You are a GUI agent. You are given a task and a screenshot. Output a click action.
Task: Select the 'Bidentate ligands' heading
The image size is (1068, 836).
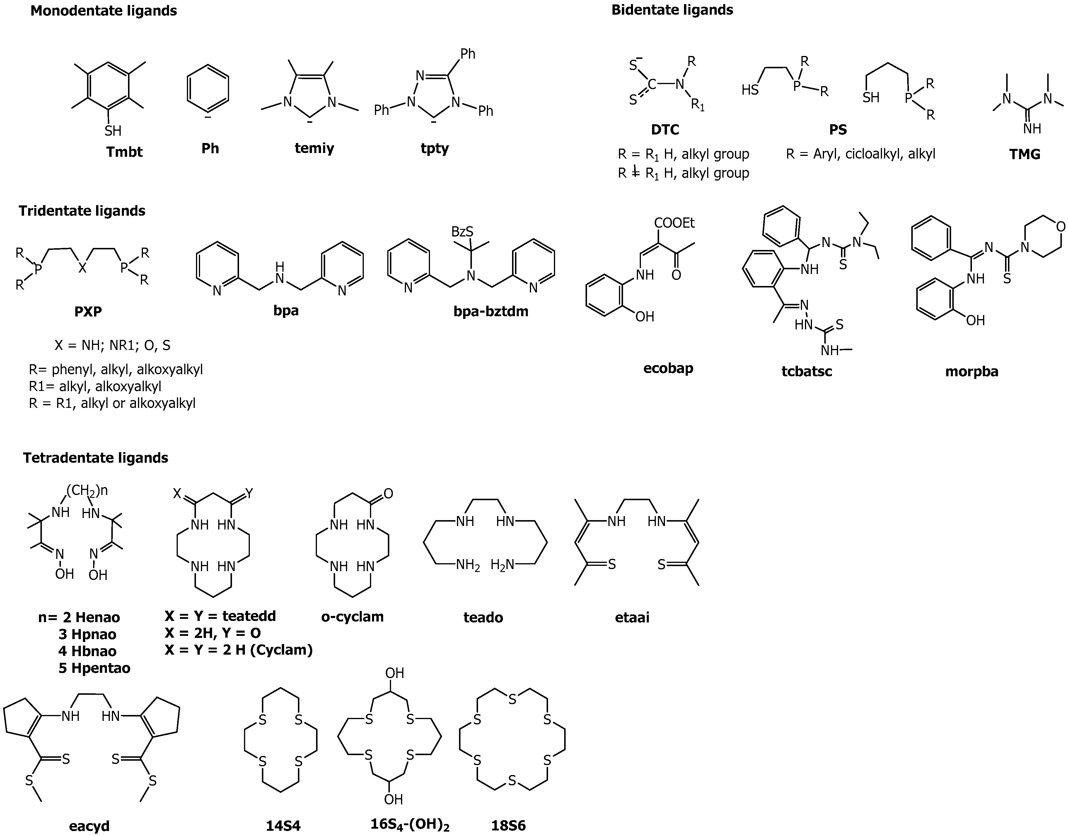(672, 10)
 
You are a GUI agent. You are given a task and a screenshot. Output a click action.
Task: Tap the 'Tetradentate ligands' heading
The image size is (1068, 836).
(95, 458)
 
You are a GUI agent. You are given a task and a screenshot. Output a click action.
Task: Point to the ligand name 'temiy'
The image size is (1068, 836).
(314, 148)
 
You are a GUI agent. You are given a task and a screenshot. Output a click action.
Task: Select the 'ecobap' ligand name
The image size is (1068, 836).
(668, 368)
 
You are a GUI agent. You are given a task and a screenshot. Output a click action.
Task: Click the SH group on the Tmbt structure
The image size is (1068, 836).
(113, 131)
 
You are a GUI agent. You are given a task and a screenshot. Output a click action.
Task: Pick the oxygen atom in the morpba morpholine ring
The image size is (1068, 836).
(1060, 227)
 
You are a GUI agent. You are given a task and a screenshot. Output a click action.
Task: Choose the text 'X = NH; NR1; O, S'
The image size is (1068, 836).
(112, 345)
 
